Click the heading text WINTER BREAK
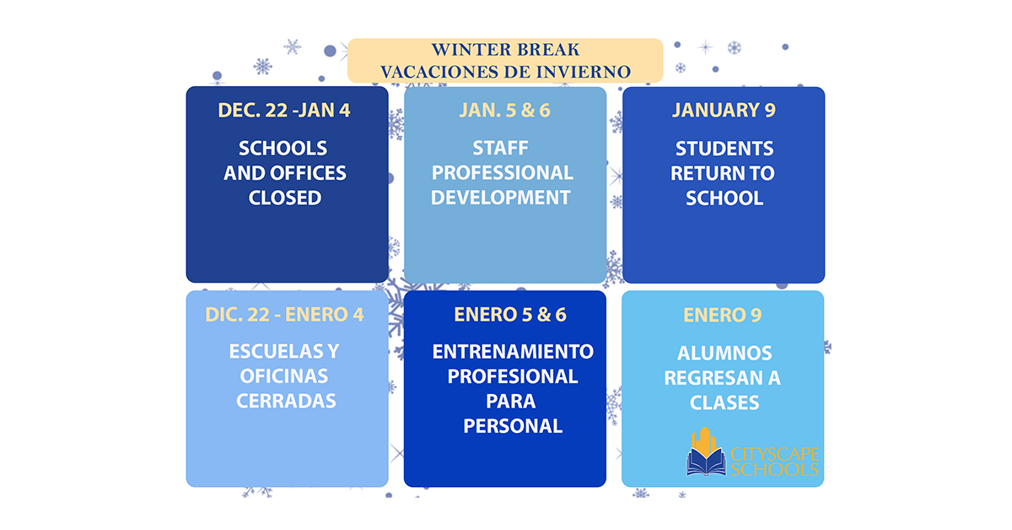(505, 49)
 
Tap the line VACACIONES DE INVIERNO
(505, 72)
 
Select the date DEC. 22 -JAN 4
(284, 111)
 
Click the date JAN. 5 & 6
(504, 111)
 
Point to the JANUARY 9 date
(724, 110)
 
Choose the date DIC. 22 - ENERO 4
(285, 315)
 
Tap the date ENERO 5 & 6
(510, 315)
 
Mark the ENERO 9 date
(723, 315)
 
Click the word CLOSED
(285, 198)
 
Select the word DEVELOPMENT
(501, 197)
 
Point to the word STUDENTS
(724, 149)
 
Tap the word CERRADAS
(286, 401)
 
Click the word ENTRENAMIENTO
(513, 352)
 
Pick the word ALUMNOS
(724, 354)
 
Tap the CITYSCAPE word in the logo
(774, 454)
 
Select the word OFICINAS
(284, 376)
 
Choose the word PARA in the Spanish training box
(511, 402)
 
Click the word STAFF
(500, 149)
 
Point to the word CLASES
(724, 403)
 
